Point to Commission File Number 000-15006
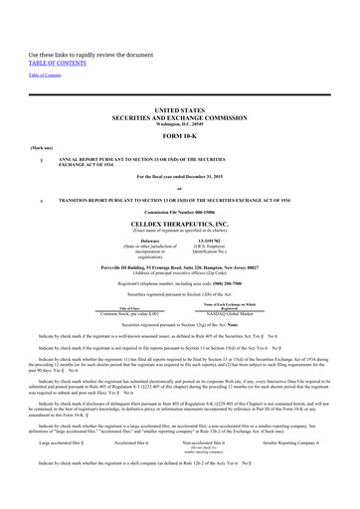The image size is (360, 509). (179, 214)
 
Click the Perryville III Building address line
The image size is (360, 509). (179, 267)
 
